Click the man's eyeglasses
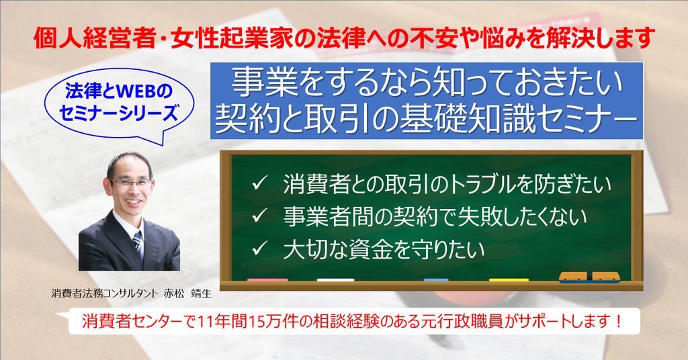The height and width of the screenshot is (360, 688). point(130,183)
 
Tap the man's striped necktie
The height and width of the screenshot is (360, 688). point(138,244)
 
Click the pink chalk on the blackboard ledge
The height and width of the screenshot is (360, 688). point(267,280)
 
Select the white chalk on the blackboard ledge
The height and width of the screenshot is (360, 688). point(336,280)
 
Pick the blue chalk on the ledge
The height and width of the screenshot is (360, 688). point(436,280)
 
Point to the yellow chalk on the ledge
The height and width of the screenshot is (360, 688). point(509,280)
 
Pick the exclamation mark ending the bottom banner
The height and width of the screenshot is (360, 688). point(618,322)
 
